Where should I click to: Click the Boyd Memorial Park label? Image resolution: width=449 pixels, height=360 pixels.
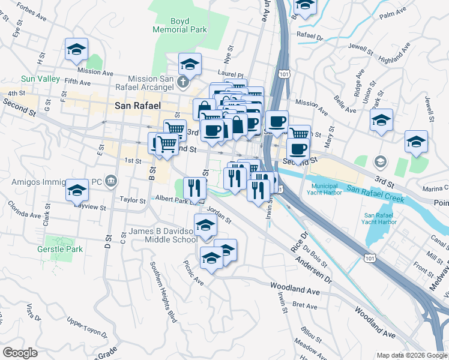(188, 25)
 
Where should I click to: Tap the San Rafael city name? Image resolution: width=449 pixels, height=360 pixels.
(137, 106)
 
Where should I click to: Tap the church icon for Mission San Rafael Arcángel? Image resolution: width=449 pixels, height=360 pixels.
(185, 80)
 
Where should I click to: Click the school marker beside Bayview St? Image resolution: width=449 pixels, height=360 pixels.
(77, 190)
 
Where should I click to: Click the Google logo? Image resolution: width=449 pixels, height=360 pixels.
(20, 353)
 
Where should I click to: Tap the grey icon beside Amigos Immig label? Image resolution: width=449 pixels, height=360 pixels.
(111, 181)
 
